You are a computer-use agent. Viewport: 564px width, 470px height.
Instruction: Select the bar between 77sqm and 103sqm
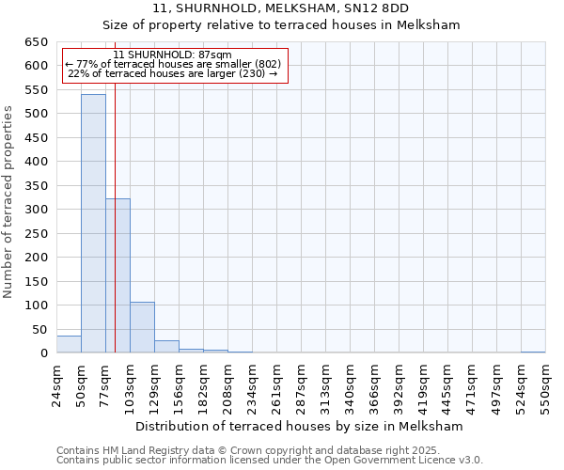(117, 276)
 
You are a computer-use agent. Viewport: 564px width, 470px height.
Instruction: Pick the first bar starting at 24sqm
(69, 344)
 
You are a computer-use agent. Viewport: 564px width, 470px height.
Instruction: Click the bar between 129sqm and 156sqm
(166, 347)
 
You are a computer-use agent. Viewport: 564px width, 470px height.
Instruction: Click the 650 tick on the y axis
(35, 42)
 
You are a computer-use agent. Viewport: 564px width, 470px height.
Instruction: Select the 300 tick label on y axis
(35, 210)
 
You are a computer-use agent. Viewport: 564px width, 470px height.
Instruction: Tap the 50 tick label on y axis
(39, 330)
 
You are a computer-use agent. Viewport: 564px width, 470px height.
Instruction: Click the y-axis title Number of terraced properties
(9, 201)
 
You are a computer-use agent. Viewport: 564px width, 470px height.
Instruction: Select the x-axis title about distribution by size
(299, 426)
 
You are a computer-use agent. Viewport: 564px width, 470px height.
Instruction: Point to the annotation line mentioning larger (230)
(173, 73)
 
